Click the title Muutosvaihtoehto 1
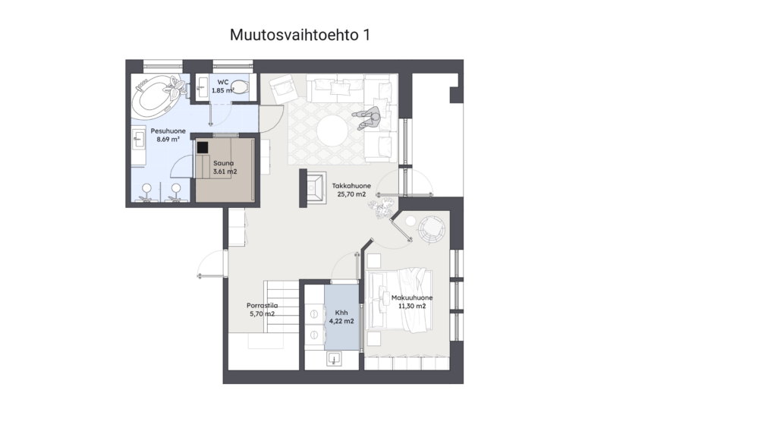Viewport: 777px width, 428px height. tap(300, 35)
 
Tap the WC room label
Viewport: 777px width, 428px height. tap(223, 82)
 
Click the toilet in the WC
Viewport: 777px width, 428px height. tap(239, 87)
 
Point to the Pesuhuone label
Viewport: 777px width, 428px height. tap(168, 131)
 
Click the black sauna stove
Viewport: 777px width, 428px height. tap(202, 147)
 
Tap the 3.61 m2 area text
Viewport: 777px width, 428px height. tap(225, 172)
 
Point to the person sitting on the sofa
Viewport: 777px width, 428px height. tap(368, 118)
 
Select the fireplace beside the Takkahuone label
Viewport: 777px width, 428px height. tap(313, 187)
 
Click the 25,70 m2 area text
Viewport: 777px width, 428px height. tap(351, 194)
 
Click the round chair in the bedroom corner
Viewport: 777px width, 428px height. tap(432, 229)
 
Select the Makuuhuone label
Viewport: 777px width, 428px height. tap(412, 297)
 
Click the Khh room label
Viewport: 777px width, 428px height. tap(341, 313)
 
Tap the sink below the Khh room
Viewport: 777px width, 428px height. tap(335, 359)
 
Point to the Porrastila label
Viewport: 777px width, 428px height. tap(262, 306)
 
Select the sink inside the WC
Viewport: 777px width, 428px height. tap(202, 88)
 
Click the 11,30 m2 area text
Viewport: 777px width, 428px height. tap(412, 306)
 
